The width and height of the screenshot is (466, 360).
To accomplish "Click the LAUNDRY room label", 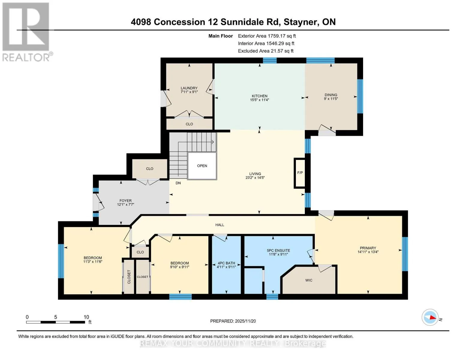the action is click(189, 88).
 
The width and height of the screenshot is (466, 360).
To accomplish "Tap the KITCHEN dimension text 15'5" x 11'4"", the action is click(260, 100).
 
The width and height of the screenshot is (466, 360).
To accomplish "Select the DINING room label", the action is click(331, 95).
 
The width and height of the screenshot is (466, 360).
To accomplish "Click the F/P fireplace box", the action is click(300, 173).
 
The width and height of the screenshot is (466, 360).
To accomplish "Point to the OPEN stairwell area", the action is click(202, 166).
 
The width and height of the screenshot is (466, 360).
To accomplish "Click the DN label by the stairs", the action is click(178, 183).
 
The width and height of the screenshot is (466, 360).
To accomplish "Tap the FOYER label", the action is click(125, 201).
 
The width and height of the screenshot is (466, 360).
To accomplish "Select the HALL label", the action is click(220, 225).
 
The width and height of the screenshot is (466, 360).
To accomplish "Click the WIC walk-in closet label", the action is click(309, 280).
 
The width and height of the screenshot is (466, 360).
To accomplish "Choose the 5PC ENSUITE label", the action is click(278, 250).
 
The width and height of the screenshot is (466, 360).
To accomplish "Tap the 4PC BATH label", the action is click(226, 263).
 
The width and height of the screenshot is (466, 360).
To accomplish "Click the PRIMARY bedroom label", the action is click(368, 248).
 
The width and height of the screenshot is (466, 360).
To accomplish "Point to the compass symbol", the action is click(430, 317).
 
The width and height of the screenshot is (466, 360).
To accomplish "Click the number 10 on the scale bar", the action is click(86, 317).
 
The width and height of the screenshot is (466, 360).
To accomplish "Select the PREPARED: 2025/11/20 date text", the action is click(233, 321).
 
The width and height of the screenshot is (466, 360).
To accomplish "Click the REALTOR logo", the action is click(27, 32).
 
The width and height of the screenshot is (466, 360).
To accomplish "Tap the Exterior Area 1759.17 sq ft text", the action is click(267, 36).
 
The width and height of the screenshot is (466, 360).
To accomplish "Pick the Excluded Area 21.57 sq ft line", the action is click(266, 51).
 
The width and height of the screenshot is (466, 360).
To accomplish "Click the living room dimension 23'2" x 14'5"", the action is click(255, 178).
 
